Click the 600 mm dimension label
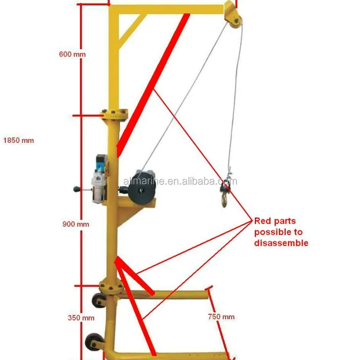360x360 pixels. [72, 55]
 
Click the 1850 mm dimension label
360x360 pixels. [19, 140]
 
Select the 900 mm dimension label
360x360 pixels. [75, 224]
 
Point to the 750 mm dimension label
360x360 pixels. [221, 317]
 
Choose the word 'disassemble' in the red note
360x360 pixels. [281, 243]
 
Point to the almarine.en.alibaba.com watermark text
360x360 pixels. [180, 181]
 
